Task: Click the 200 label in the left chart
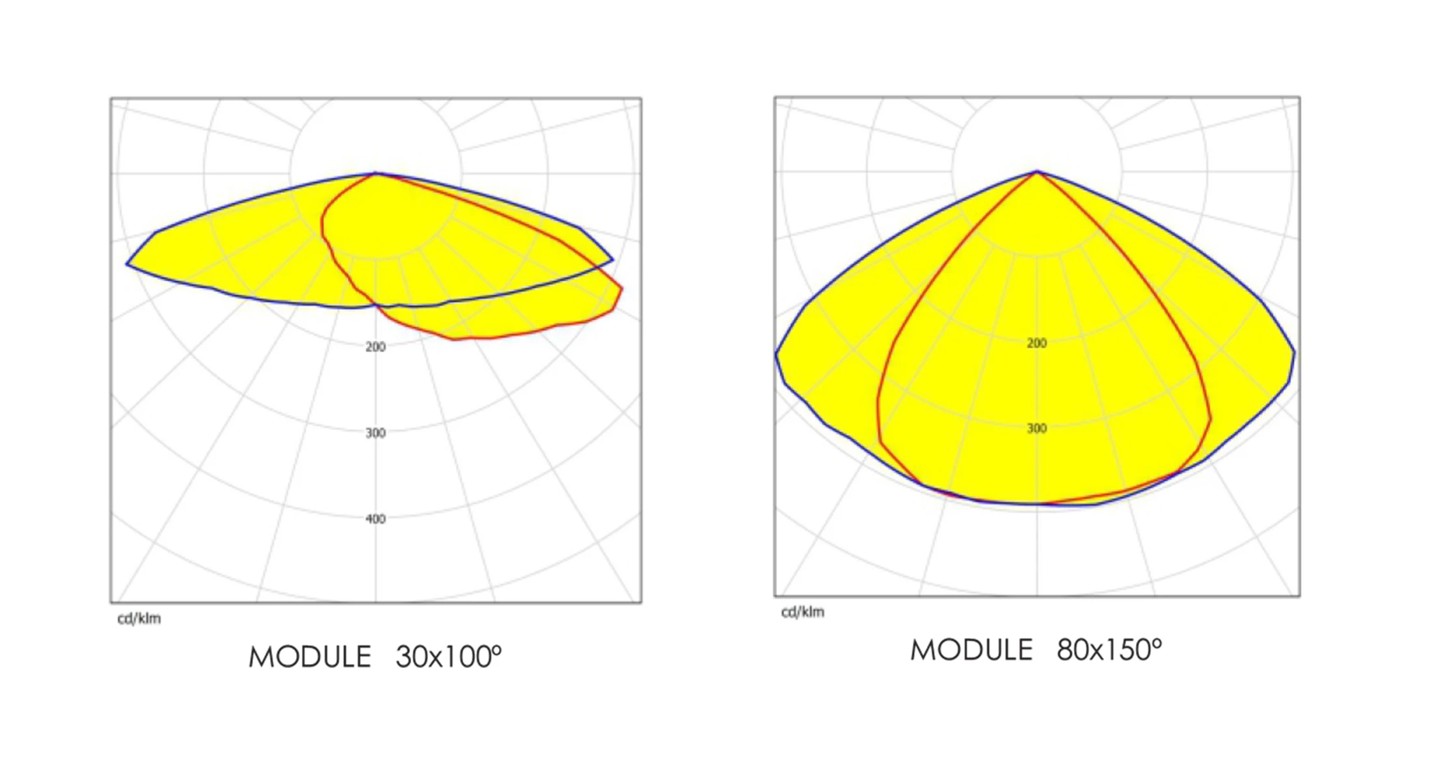tap(375, 347)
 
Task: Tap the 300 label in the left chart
tap(375, 433)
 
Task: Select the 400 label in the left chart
tap(375, 519)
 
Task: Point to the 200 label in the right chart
tap(1036, 343)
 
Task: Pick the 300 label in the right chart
tap(1036, 429)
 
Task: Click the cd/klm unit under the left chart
tap(139, 618)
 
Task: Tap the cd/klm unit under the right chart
tap(802, 612)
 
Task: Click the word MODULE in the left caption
tap(310, 657)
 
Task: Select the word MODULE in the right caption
tap(971, 650)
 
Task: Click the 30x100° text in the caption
tap(448, 657)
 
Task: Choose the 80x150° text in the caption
tap(1109, 650)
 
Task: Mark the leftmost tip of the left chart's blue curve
tap(127, 264)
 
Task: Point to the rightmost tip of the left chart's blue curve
tap(612, 259)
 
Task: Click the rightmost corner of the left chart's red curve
tap(622, 288)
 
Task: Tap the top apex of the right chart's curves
tap(1037, 172)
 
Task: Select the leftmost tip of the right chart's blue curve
tap(776, 354)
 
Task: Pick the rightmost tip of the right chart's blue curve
tap(1295, 353)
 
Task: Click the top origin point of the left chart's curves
tap(376, 174)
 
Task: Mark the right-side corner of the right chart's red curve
tap(1210, 419)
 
